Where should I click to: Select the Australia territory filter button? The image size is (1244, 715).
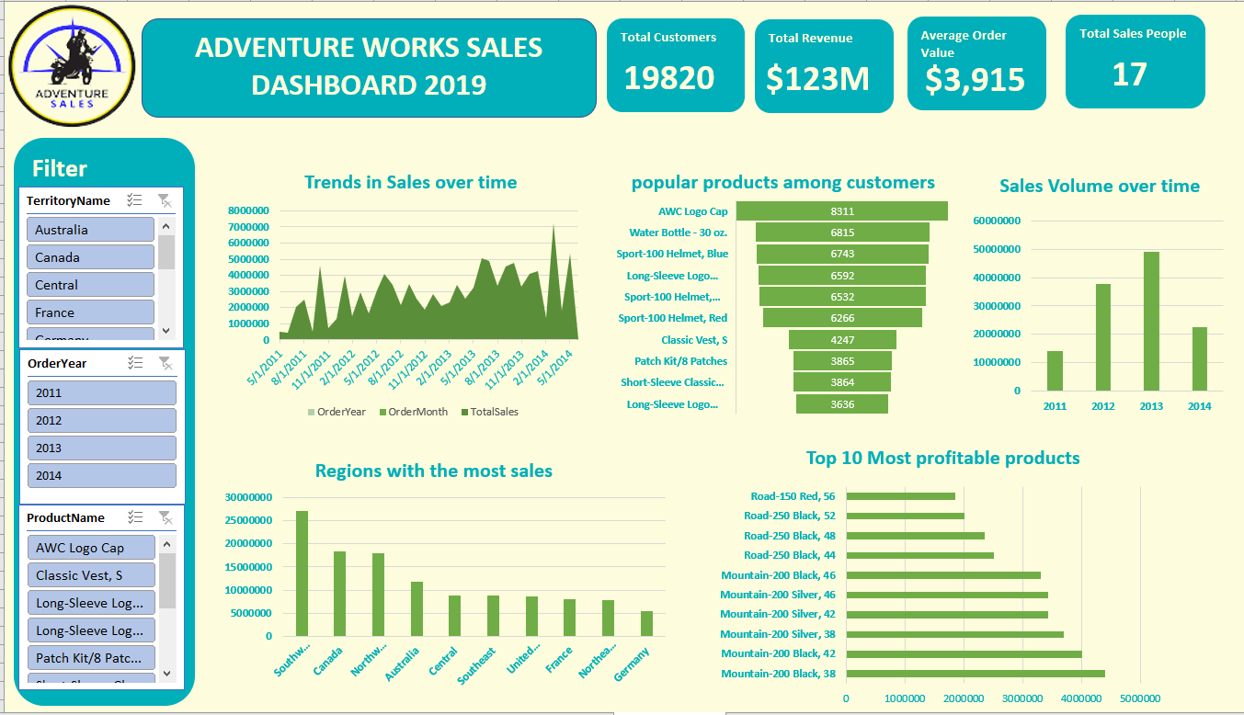[x=90, y=230]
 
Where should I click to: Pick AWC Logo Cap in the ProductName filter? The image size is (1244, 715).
[x=90, y=548]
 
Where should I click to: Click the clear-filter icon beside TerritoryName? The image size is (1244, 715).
[x=165, y=200]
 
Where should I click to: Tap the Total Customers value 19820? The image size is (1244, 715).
[x=668, y=78]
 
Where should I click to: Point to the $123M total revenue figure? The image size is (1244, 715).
[x=817, y=79]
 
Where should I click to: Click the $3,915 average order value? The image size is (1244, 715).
[x=975, y=80]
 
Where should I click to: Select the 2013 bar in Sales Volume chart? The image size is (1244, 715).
[x=1151, y=321]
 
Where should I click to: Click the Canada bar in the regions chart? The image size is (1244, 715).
[x=339, y=593]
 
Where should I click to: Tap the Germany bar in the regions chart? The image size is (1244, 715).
[x=647, y=623]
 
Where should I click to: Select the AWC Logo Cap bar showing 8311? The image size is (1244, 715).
[x=842, y=211]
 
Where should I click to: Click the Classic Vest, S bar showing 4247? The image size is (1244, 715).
[x=842, y=340]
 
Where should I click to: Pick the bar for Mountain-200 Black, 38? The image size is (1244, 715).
[x=975, y=674]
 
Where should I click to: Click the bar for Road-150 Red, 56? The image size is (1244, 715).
[x=900, y=496]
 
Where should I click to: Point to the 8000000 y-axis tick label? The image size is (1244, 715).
[x=248, y=210]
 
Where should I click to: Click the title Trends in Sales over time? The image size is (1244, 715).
[x=410, y=183]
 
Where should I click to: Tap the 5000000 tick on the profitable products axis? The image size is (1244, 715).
[x=1140, y=698]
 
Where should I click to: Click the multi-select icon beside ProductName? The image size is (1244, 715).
[x=135, y=517]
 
